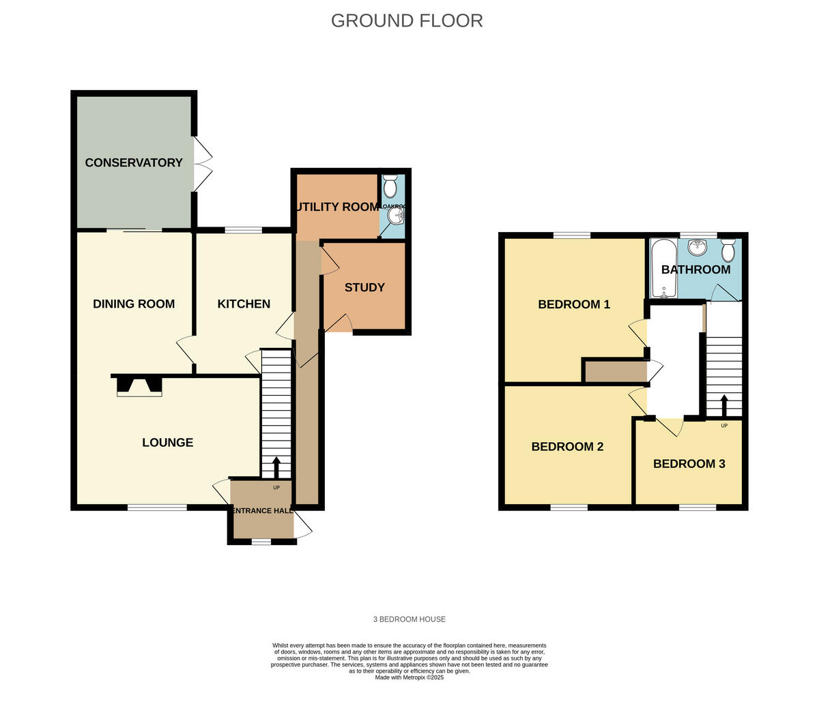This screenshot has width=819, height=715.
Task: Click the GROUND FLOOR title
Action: (407, 20)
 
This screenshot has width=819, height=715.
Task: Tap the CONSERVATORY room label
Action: (134, 162)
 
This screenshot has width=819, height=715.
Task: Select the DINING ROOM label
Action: (134, 304)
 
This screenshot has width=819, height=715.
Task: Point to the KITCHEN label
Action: (244, 304)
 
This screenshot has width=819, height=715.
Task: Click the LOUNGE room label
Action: (167, 442)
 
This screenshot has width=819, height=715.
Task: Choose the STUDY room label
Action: (364, 287)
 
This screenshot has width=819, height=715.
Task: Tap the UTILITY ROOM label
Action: (337, 207)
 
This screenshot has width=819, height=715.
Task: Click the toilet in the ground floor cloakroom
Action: (390, 186)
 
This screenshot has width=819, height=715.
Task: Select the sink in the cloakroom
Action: (395, 216)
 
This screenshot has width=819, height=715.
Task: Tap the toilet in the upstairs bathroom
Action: (728, 250)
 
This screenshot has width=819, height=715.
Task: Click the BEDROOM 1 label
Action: (574, 304)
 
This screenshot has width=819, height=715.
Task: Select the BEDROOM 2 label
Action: (567, 447)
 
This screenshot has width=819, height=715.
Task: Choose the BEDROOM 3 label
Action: (689, 464)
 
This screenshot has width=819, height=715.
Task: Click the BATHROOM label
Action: (695, 269)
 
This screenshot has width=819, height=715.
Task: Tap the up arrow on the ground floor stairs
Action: (276, 467)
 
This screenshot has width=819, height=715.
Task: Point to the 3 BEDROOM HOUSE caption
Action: (409, 619)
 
